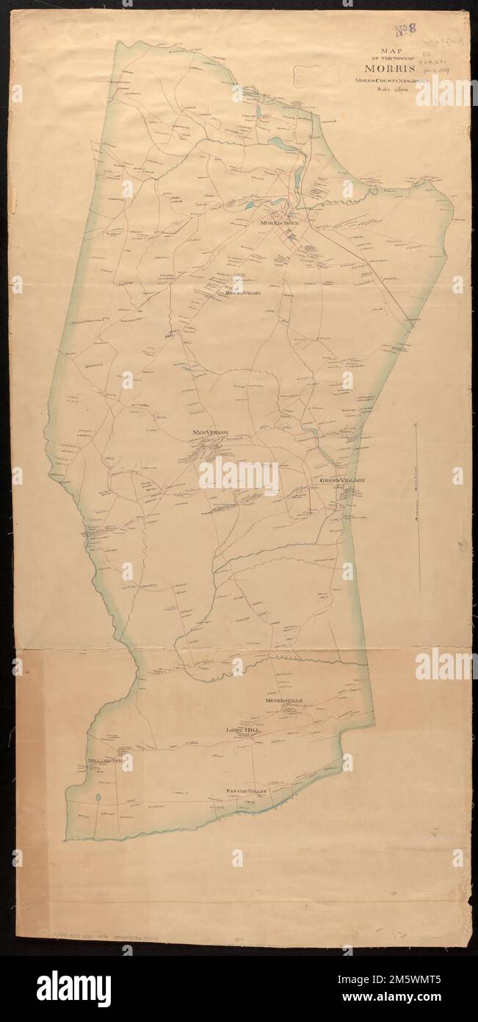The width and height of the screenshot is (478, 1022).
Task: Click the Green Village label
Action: tap(342, 480)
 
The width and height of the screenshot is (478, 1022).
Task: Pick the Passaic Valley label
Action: tap(245, 791)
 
